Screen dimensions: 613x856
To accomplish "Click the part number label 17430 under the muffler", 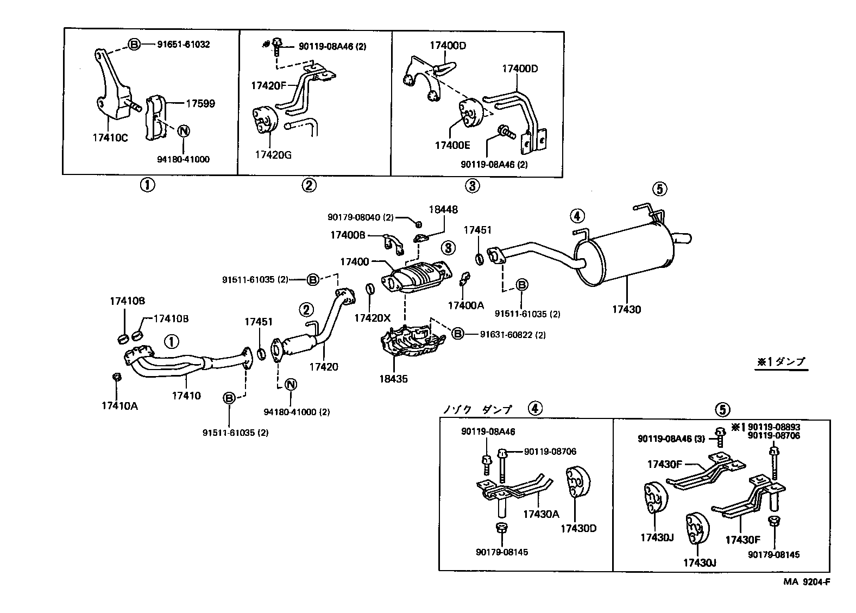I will (x=626, y=309).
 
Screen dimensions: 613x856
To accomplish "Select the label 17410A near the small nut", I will (x=119, y=405).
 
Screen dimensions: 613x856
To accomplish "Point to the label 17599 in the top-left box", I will (x=200, y=103).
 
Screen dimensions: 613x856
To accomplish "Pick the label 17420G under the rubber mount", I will (x=273, y=155).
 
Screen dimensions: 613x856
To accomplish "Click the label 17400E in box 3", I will (x=452, y=145).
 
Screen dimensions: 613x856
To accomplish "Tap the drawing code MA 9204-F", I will (x=806, y=581).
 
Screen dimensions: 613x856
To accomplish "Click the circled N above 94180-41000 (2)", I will (x=290, y=385).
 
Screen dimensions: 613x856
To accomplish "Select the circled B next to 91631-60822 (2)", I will (x=458, y=334).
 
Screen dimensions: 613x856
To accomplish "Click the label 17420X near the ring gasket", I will (x=372, y=318).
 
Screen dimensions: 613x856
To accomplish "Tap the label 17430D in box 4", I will (x=578, y=528).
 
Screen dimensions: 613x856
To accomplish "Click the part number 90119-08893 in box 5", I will (x=773, y=427).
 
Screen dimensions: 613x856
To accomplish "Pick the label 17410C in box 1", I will (x=110, y=137).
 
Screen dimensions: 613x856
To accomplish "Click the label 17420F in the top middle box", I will (x=268, y=85).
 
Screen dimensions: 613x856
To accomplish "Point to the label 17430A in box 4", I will (x=541, y=514).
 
